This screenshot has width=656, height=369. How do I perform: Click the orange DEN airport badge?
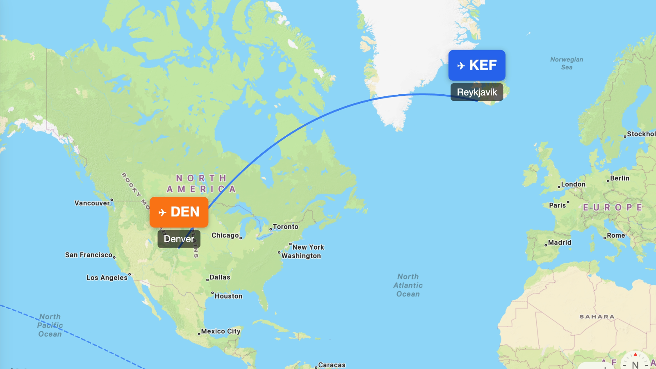pyautogui.click(x=179, y=212)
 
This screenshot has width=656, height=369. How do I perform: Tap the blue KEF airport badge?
pyautogui.click(x=476, y=65)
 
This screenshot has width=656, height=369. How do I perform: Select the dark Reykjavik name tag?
pyautogui.click(x=476, y=92)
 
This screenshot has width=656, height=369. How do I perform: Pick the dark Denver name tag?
pyautogui.click(x=179, y=239)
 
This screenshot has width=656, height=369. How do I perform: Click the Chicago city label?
pyautogui.click(x=225, y=235)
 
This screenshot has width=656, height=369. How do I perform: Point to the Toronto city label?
pyautogui.click(x=285, y=227)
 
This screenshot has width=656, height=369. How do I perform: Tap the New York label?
pyautogui.click(x=308, y=247)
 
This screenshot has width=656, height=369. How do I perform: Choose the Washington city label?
pyautogui.click(x=301, y=256)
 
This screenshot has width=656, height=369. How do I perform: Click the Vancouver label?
pyautogui.click(x=92, y=203)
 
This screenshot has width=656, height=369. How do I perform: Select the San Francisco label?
pyautogui.click(x=89, y=255)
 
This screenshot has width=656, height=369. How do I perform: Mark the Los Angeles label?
pyautogui.click(x=107, y=278)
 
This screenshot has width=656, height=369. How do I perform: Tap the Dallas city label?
pyautogui.click(x=220, y=277)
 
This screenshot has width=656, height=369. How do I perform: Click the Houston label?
pyautogui.click(x=228, y=296)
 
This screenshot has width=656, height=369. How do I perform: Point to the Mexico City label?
pyautogui.click(x=221, y=331)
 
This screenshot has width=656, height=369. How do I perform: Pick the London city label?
pyautogui.click(x=573, y=184)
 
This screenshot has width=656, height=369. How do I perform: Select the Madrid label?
pyautogui.click(x=559, y=243)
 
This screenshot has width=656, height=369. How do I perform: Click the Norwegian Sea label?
pyautogui.click(x=567, y=63)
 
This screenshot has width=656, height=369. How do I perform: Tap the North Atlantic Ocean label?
pyautogui.click(x=408, y=285)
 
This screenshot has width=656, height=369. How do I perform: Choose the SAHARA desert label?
pyautogui.click(x=597, y=317)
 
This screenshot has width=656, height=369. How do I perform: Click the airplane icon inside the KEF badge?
pyautogui.click(x=461, y=66)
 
